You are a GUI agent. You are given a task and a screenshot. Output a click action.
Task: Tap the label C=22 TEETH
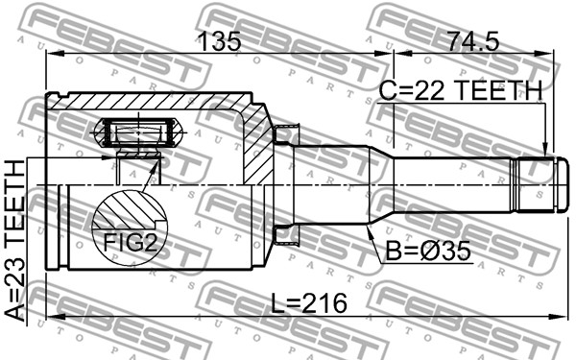[x=461, y=90]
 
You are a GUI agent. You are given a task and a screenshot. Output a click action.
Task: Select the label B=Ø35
[x=427, y=252]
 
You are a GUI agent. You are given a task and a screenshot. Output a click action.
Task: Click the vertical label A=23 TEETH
[x=15, y=241]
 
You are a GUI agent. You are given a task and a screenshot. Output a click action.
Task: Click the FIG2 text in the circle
[x=131, y=243]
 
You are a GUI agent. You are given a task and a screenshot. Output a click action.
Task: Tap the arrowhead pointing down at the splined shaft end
[x=545, y=151]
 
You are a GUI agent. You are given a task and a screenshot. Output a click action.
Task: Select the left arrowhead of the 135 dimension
[x=54, y=54]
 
